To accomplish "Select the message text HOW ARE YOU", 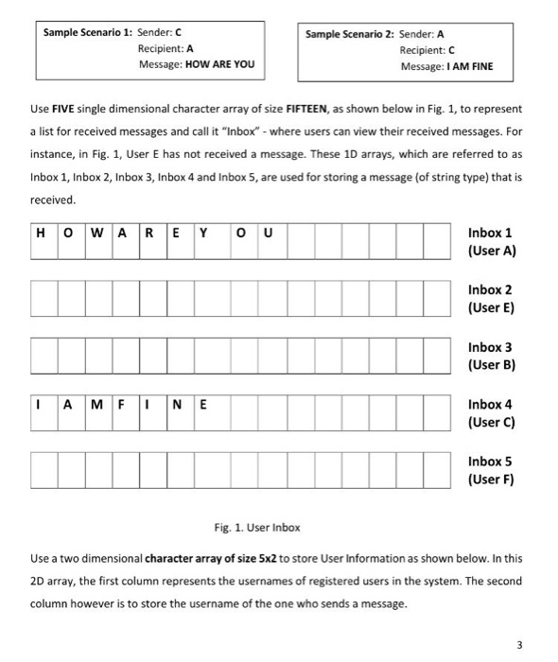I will (223, 65).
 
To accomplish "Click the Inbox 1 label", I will (490, 233).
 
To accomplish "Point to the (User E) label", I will (491, 307).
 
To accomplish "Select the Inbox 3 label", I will (490, 347).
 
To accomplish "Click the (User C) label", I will (491, 422).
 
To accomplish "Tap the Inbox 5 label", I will (490, 462).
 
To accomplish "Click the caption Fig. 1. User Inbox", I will (259, 525).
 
